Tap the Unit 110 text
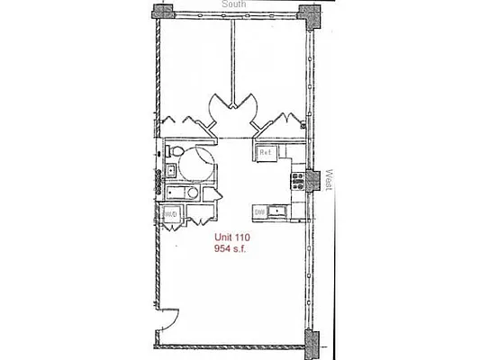[x=231, y=238]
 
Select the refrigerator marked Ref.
[x=267, y=153]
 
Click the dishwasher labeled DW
[x=258, y=211]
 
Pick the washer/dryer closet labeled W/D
[x=170, y=214]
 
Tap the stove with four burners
[x=297, y=180]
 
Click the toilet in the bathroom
[x=177, y=150]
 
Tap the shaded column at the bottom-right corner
[x=312, y=341]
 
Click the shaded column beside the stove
[x=312, y=180]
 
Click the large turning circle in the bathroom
[x=196, y=166]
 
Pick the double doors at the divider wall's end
[x=232, y=108]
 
